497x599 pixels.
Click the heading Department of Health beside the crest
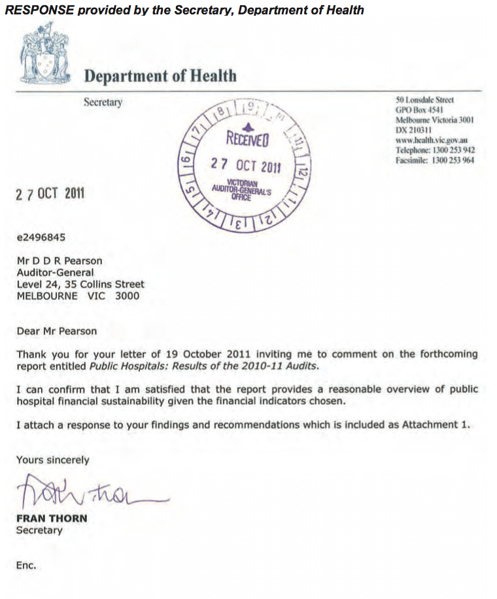tap(160, 76)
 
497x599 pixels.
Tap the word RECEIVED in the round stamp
tap(245, 139)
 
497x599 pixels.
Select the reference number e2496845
tap(41, 237)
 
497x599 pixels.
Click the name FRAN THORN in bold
tap(52, 519)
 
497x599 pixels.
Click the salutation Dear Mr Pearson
tap(56, 331)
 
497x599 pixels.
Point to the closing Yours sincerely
tap(53, 460)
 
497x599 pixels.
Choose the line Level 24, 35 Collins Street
tap(80, 284)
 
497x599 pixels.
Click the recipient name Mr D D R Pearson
tap(60, 261)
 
